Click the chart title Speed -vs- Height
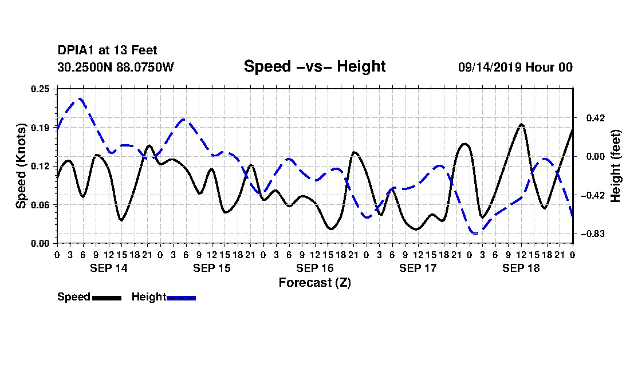(x=314, y=66)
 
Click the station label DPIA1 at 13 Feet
(x=107, y=50)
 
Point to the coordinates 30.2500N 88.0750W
(x=116, y=67)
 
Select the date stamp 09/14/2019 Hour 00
(x=515, y=67)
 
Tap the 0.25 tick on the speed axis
(x=40, y=89)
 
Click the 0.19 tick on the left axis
(x=40, y=128)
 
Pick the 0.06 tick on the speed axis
(x=40, y=205)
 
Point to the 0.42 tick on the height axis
(x=596, y=118)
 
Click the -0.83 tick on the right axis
(x=593, y=234)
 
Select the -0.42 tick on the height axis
(x=593, y=195)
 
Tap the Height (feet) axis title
(x=615, y=166)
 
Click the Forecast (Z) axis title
(x=314, y=283)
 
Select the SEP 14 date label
(x=108, y=268)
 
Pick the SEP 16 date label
(x=315, y=268)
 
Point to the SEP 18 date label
(x=521, y=268)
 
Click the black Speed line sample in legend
(x=107, y=298)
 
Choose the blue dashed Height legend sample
(x=181, y=298)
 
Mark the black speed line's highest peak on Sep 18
(x=522, y=124)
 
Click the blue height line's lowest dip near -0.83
(x=475, y=233)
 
